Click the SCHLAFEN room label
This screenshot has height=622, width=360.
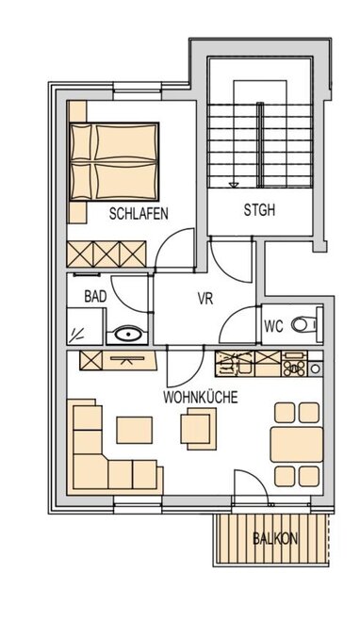click(139, 213)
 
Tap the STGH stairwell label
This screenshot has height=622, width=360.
click(259, 210)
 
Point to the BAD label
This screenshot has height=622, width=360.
click(95, 296)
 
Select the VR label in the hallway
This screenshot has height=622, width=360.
click(205, 299)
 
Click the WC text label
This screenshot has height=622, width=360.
click(273, 326)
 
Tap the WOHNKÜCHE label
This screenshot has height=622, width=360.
click(200, 397)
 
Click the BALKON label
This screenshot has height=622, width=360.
click(275, 538)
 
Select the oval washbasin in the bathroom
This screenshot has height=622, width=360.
click(127, 334)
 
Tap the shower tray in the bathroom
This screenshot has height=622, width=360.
click(85, 326)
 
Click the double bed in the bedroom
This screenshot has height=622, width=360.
click(114, 161)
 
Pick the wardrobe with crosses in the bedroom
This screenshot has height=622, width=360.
click(106, 254)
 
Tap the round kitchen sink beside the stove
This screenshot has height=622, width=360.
click(315, 368)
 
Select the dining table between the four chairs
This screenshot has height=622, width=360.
click(297, 444)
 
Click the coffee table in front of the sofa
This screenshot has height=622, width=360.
click(135, 430)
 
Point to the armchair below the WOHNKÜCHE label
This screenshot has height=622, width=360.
click(199, 429)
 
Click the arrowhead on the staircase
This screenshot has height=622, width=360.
click(234, 184)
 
